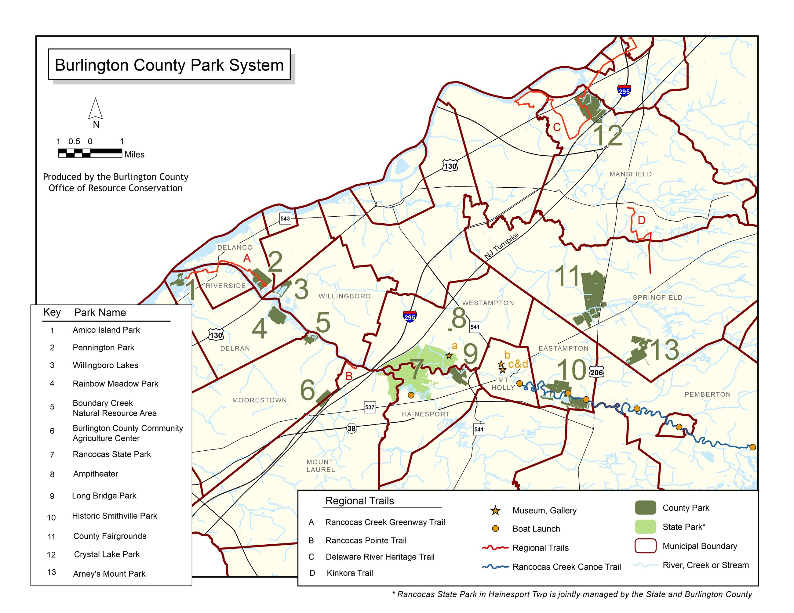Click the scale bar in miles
(90, 153)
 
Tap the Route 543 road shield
(285, 218)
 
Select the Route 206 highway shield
(596, 373)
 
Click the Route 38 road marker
(351, 428)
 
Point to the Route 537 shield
(370, 407)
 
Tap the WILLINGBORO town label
(345, 296)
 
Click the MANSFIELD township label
(630, 174)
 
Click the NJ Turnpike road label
(501, 246)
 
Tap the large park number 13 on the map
(664, 351)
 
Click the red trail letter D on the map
(641, 220)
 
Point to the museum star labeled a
(449, 355)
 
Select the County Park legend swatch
(645, 508)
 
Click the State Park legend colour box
(645, 527)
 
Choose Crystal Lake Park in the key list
(107, 554)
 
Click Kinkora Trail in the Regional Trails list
(350, 573)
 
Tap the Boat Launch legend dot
(495, 529)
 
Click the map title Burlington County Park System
(169, 65)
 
